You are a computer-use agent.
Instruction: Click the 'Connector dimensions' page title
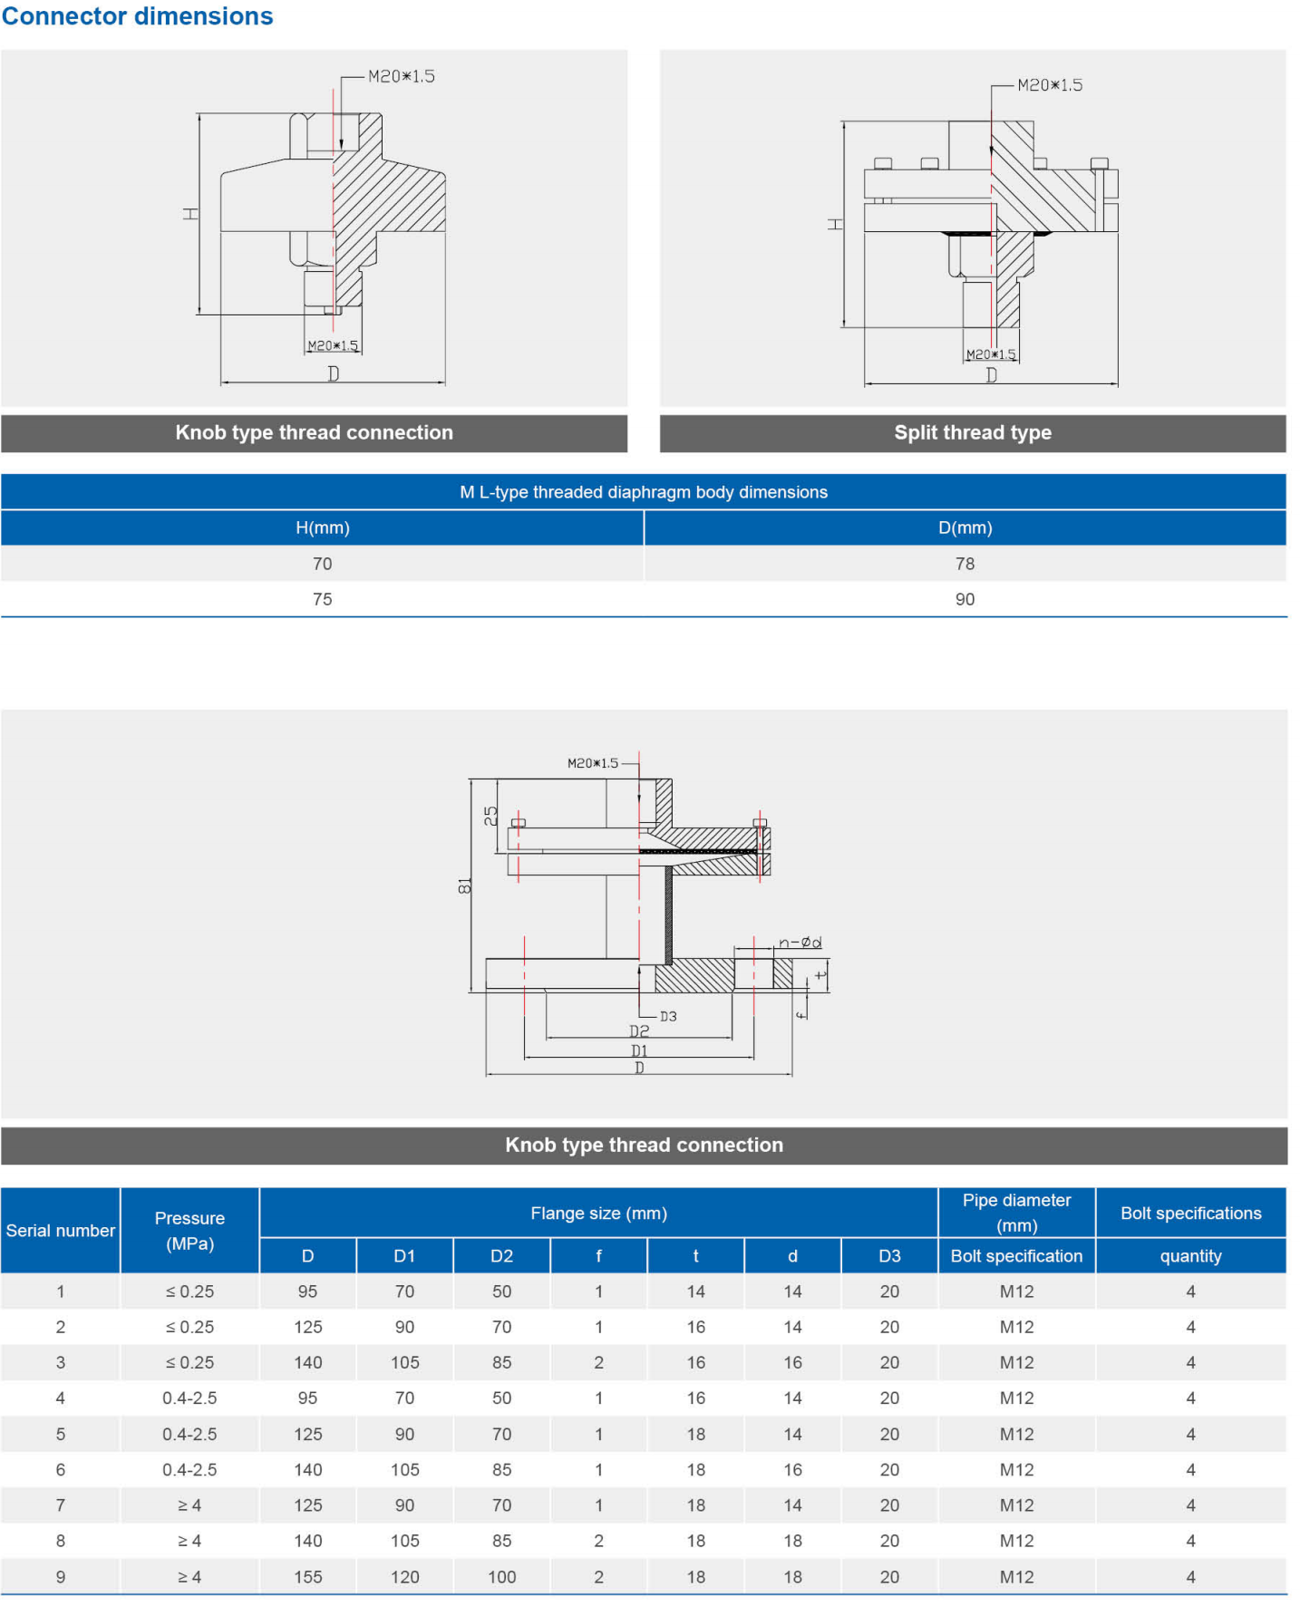(x=137, y=16)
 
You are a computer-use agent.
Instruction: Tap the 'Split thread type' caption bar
(x=972, y=432)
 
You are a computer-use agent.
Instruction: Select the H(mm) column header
(x=322, y=527)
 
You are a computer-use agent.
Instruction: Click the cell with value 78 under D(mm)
(x=965, y=564)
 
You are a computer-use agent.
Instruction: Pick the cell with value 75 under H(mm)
(x=322, y=599)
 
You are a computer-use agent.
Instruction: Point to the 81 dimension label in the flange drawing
(x=465, y=886)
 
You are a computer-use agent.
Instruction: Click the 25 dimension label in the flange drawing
(x=490, y=816)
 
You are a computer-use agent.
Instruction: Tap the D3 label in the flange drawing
(x=668, y=1017)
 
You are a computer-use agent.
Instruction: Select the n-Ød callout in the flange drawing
(x=800, y=943)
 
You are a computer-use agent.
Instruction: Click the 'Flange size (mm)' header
(x=598, y=1213)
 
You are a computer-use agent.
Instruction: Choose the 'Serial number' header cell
(x=61, y=1230)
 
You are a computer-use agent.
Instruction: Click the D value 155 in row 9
(x=307, y=1577)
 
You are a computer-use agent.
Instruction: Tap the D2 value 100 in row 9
(x=501, y=1577)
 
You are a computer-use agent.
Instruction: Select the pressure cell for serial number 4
(x=189, y=1398)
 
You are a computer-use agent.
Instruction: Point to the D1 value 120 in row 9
(x=404, y=1577)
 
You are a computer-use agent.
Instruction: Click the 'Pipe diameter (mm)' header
(x=1016, y=1212)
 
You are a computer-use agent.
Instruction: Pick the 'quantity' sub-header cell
(x=1190, y=1256)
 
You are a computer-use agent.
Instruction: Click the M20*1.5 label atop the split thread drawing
(x=1050, y=85)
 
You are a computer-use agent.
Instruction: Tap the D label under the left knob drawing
(x=334, y=373)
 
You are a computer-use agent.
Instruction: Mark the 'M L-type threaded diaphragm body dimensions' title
(x=643, y=492)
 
